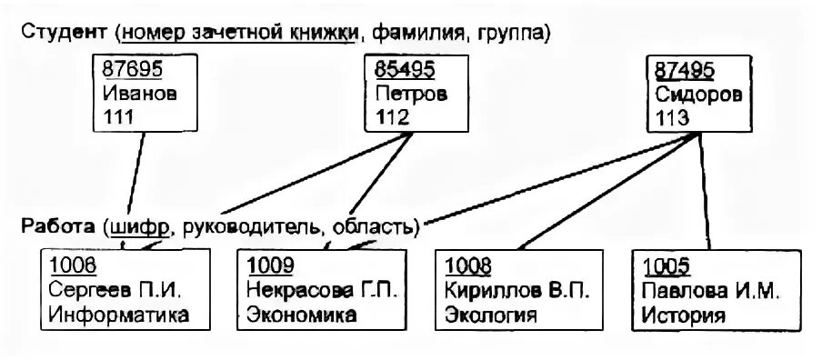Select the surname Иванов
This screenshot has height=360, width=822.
[x=139, y=94]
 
